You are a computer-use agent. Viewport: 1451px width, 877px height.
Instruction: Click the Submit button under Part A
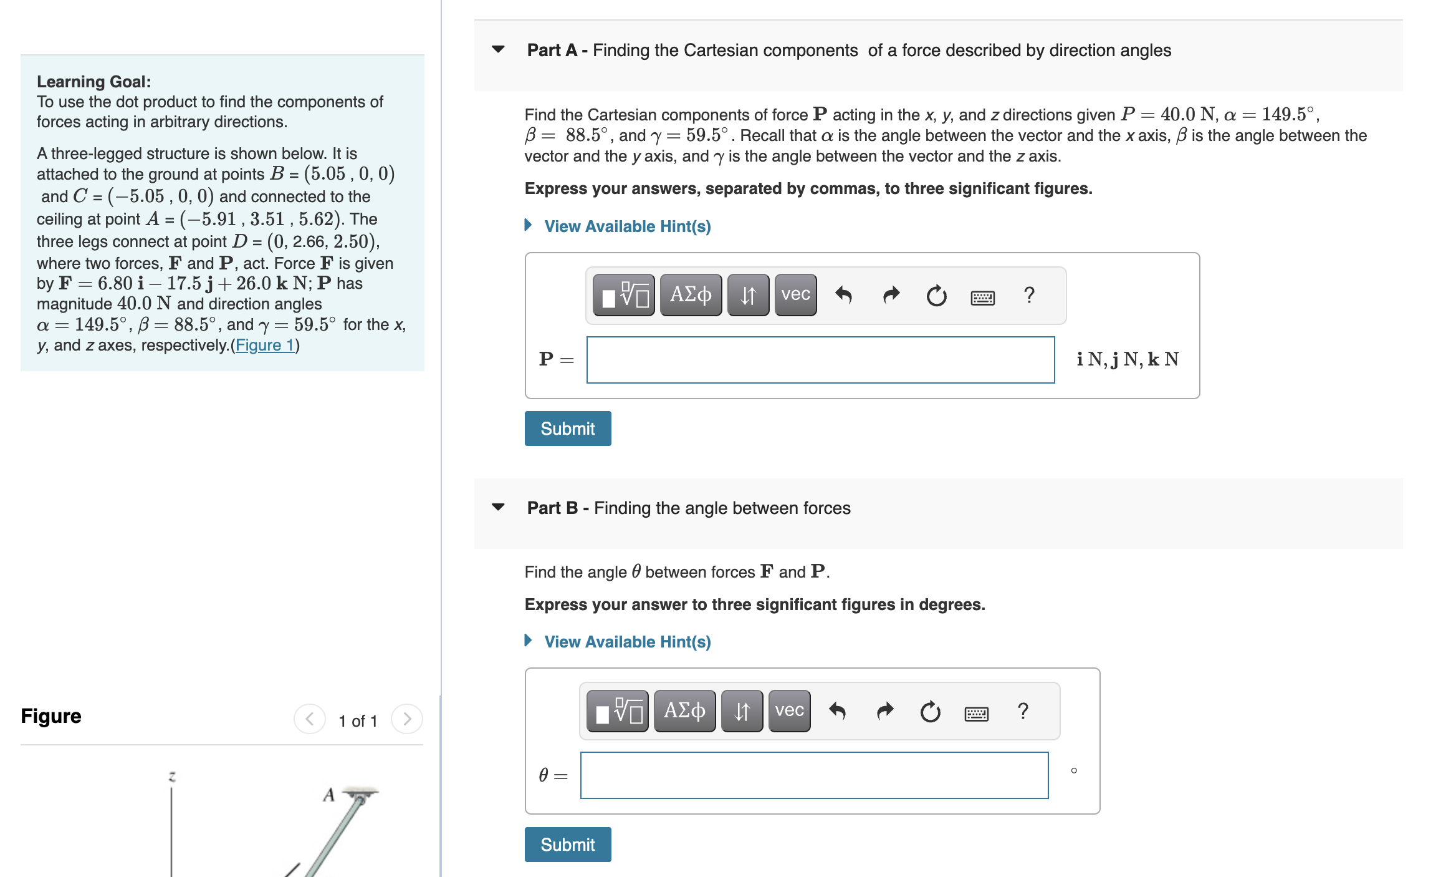pyautogui.click(x=567, y=429)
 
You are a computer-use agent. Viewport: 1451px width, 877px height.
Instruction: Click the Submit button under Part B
pyautogui.click(x=567, y=844)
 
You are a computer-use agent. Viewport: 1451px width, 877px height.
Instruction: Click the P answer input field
pyautogui.click(x=820, y=360)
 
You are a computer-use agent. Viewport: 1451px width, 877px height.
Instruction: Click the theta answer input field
pyautogui.click(x=814, y=775)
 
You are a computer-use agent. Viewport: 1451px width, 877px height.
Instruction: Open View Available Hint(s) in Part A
pyautogui.click(x=627, y=226)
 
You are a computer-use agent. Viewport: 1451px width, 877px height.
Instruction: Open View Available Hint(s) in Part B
pyautogui.click(x=627, y=642)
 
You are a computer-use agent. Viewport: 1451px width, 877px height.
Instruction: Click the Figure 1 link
pyautogui.click(x=265, y=345)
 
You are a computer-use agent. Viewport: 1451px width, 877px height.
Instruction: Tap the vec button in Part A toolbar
pyautogui.click(x=795, y=295)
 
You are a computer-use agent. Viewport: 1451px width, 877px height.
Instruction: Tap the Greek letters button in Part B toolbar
pyautogui.click(x=684, y=710)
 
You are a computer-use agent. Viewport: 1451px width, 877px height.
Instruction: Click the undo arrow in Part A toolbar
pyautogui.click(x=843, y=295)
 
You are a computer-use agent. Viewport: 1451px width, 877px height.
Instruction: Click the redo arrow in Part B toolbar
pyautogui.click(x=885, y=710)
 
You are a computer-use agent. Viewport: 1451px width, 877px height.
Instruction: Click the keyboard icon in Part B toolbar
pyautogui.click(x=976, y=713)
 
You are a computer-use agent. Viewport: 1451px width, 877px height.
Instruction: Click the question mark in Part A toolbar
pyautogui.click(x=1029, y=295)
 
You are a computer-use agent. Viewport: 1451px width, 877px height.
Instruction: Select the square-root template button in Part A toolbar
pyautogui.click(x=623, y=295)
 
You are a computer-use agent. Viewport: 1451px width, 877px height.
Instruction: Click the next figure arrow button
pyautogui.click(x=407, y=719)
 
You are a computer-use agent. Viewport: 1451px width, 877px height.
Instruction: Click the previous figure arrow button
pyautogui.click(x=310, y=719)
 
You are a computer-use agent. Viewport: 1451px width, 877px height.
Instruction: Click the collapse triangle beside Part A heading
pyautogui.click(x=498, y=49)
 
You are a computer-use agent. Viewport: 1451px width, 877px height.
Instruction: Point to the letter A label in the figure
pyautogui.click(x=328, y=795)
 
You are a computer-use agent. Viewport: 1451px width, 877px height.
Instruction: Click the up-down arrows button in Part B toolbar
pyautogui.click(x=742, y=710)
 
